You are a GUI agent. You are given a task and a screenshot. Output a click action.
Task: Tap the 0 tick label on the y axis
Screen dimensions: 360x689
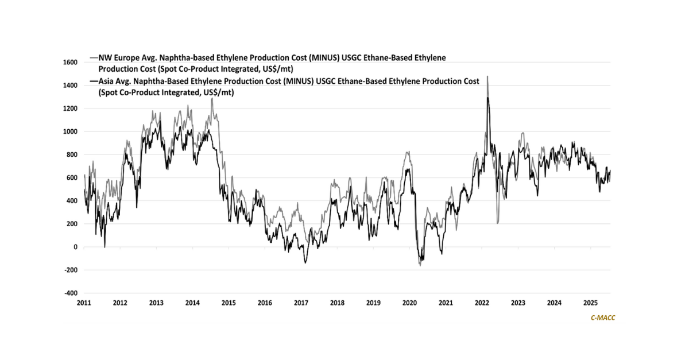point(74,247)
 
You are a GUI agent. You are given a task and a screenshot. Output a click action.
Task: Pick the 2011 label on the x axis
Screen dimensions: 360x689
point(84,303)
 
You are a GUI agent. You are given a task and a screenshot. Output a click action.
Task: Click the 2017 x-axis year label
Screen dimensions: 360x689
point(301,303)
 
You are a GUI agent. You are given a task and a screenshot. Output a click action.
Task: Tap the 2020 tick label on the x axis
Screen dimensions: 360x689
point(409,303)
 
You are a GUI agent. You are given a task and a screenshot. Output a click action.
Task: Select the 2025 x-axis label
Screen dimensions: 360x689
point(590,303)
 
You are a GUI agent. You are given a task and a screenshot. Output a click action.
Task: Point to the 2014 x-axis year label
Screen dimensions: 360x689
point(192,303)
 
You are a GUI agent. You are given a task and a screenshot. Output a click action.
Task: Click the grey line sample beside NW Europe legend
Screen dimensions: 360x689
point(94,58)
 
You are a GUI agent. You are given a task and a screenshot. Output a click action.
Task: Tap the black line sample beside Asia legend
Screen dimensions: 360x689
point(94,82)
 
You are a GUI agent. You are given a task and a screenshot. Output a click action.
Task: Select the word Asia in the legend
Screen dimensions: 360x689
point(107,82)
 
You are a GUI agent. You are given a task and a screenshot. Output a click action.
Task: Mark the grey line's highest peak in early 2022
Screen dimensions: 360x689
point(487,76)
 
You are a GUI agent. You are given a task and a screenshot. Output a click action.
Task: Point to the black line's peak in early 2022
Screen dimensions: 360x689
point(488,98)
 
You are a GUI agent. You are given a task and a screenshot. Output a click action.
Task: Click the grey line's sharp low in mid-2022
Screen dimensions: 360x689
point(497,223)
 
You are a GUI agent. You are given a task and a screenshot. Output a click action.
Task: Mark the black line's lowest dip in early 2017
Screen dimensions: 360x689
point(305,263)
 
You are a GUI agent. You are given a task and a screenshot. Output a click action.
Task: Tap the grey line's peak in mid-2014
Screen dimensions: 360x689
point(212,98)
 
